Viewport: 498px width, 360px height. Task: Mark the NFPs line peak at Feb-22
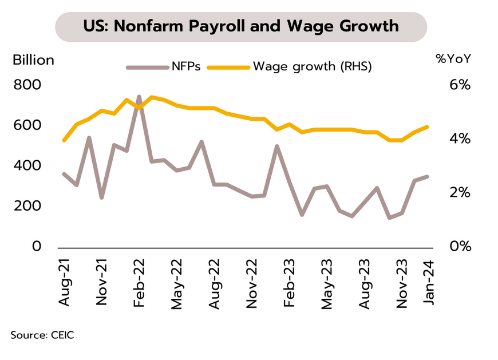coord(139,97)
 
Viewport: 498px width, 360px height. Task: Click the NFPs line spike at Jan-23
coord(277,146)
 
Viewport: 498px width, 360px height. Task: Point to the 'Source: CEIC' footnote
coord(42,335)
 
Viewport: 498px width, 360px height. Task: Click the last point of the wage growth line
coord(427,126)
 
